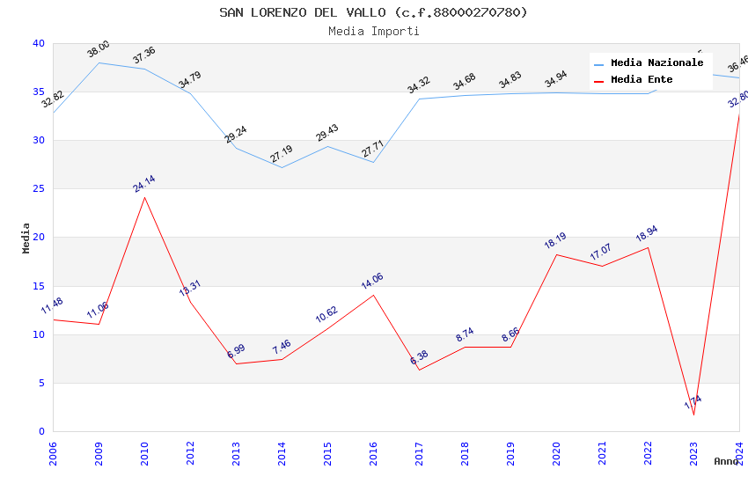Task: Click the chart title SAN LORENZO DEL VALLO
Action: pos(373,12)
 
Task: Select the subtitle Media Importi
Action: pos(373,31)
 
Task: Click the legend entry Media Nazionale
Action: pos(656,63)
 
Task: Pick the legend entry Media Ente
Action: pos(642,80)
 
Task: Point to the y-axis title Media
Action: pos(26,238)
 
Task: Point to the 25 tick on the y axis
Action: pos(39,189)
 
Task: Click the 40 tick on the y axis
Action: pos(39,44)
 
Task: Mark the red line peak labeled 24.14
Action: pos(144,197)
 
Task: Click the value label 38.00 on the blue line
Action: pos(99,49)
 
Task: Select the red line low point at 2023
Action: pos(693,414)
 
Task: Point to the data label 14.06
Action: pos(372,282)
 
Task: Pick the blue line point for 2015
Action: pos(327,146)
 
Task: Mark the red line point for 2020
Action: pos(556,254)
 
